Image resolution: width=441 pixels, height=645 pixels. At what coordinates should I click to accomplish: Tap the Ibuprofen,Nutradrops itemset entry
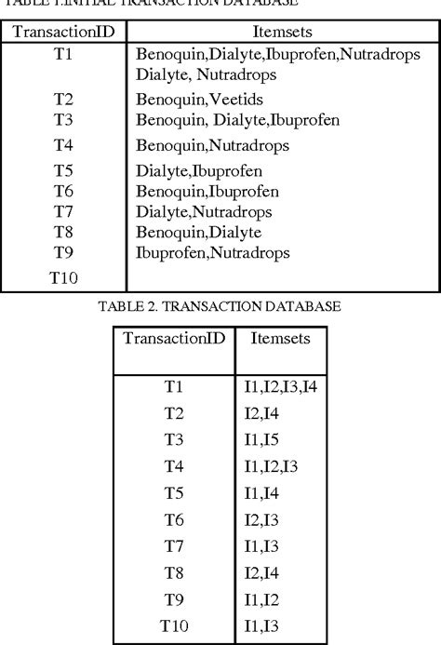point(212,252)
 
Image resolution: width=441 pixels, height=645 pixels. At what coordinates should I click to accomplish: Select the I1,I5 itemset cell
point(264,438)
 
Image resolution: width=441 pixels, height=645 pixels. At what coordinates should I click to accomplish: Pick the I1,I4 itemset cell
point(264,491)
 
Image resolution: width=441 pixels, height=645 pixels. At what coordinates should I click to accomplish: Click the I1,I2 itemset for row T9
point(264,598)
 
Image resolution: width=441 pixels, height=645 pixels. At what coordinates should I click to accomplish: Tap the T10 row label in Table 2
point(174,625)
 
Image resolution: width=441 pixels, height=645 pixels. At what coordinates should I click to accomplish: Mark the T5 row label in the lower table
point(174,491)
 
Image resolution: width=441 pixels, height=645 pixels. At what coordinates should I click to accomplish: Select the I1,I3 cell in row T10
point(264,625)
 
